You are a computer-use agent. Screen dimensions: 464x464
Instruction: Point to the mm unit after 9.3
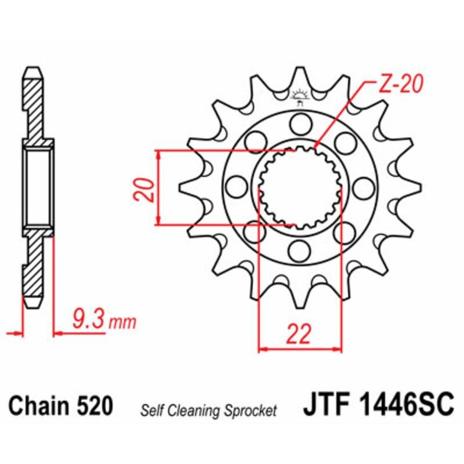(x=124, y=321)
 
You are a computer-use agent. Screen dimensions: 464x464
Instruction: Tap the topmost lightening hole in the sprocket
(x=300, y=123)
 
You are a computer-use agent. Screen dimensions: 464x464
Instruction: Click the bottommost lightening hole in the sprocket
(x=300, y=250)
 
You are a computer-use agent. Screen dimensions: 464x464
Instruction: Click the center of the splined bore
(x=299, y=187)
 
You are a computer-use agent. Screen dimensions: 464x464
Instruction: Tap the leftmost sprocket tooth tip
(x=181, y=187)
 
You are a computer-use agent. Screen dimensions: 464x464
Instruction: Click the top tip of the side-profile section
(x=34, y=69)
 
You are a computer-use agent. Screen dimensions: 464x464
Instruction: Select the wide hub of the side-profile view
(x=38, y=187)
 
